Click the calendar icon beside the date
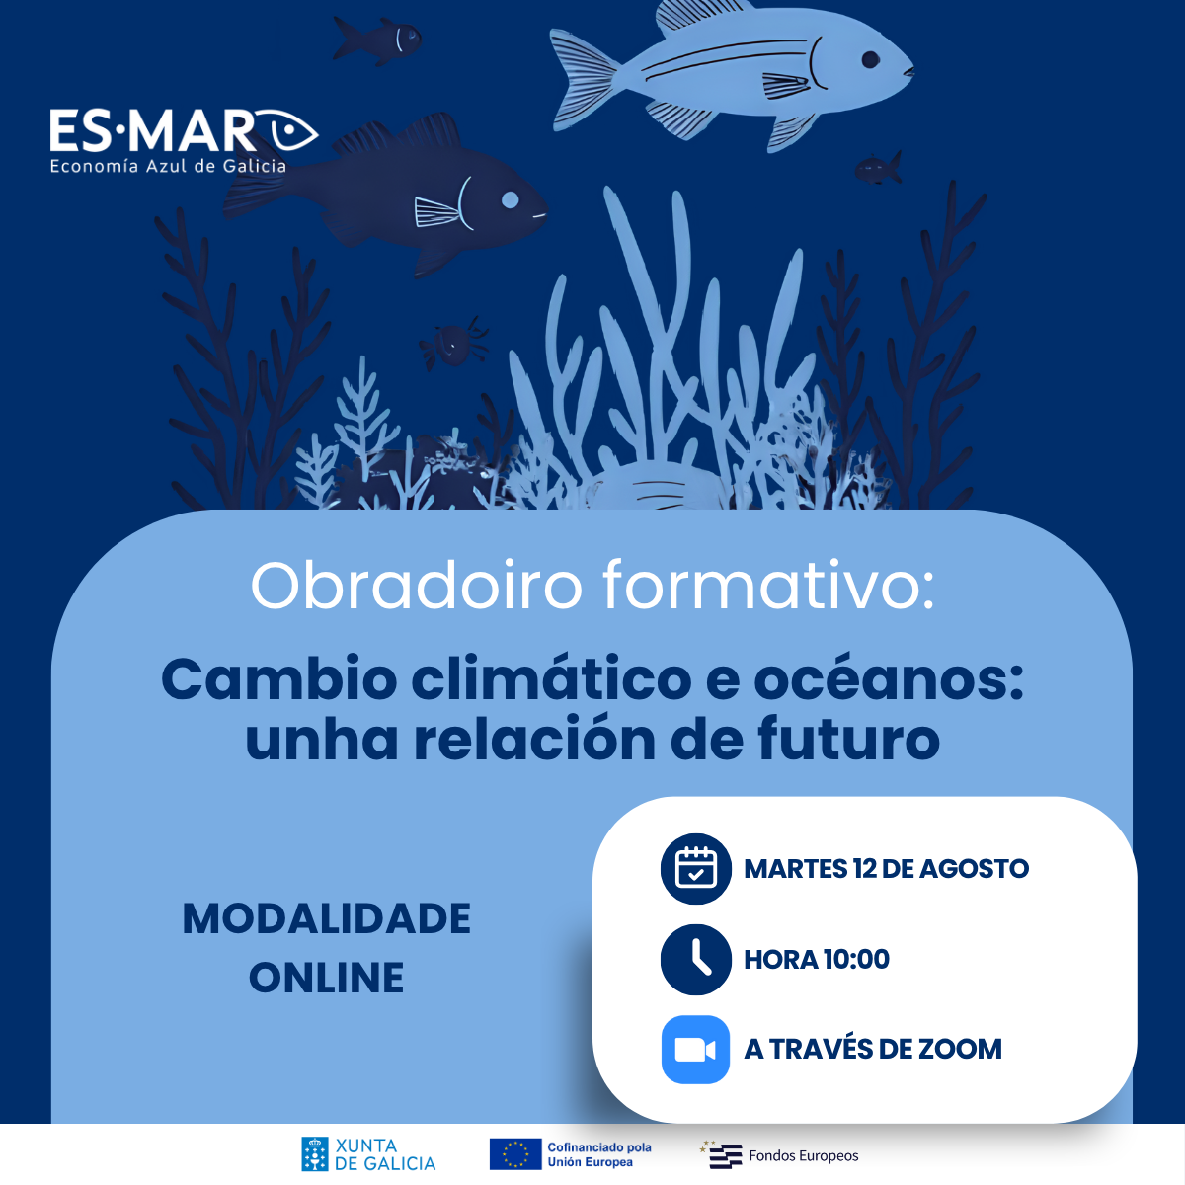click(695, 868)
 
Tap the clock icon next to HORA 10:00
click(695, 959)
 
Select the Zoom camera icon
click(695, 1050)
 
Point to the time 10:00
click(856, 959)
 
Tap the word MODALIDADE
click(327, 918)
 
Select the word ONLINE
click(327, 978)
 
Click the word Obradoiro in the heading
click(417, 586)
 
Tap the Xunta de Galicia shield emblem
click(315, 1154)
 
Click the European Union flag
click(515, 1154)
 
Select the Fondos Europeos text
click(803, 1156)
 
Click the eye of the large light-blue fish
click(870, 59)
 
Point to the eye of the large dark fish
click(510, 199)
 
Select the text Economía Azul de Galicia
click(168, 167)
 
